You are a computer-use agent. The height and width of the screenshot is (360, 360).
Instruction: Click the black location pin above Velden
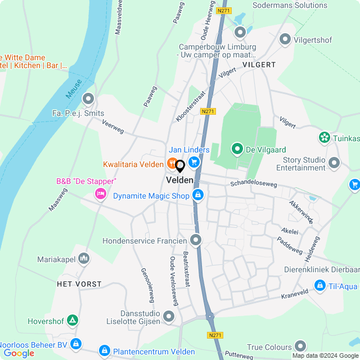pyautogui.click(x=180, y=166)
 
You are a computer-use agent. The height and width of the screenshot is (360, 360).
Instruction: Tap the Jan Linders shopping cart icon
pyautogui.click(x=194, y=163)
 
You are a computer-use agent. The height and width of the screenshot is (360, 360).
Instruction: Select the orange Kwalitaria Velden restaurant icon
pyautogui.click(x=172, y=164)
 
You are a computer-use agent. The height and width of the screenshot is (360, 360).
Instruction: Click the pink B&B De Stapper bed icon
pyautogui.click(x=101, y=194)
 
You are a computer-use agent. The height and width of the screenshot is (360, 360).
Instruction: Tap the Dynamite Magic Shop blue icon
pyautogui.click(x=197, y=195)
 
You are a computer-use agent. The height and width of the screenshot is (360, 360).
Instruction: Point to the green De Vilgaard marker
pyautogui.click(x=237, y=149)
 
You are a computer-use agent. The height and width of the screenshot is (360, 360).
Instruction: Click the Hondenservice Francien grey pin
pyautogui.click(x=195, y=241)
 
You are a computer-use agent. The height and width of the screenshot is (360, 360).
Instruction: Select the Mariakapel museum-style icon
pyautogui.click(x=84, y=259)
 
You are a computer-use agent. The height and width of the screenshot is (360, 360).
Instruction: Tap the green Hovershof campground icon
pyautogui.click(x=72, y=321)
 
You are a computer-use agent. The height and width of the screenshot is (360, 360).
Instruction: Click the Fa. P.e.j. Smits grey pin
pyautogui.click(x=88, y=100)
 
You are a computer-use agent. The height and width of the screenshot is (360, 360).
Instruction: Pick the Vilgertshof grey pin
pyautogui.click(x=285, y=39)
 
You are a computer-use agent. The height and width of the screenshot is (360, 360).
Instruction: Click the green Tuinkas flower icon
pyautogui.click(x=324, y=137)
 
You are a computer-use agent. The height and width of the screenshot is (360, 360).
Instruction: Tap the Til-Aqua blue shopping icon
pyautogui.click(x=320, y=285)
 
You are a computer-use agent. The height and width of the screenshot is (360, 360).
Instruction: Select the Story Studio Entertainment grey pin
pyautogui.click(x=334, y=163)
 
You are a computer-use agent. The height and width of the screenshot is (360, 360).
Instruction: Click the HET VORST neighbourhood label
pyautogui.click(x=79, y=284)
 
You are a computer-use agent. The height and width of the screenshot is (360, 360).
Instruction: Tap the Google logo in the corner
pyautogui.click(x=19, y=353)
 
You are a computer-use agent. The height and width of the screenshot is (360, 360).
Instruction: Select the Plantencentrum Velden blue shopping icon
pyautogui.click(x=104, y=351)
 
